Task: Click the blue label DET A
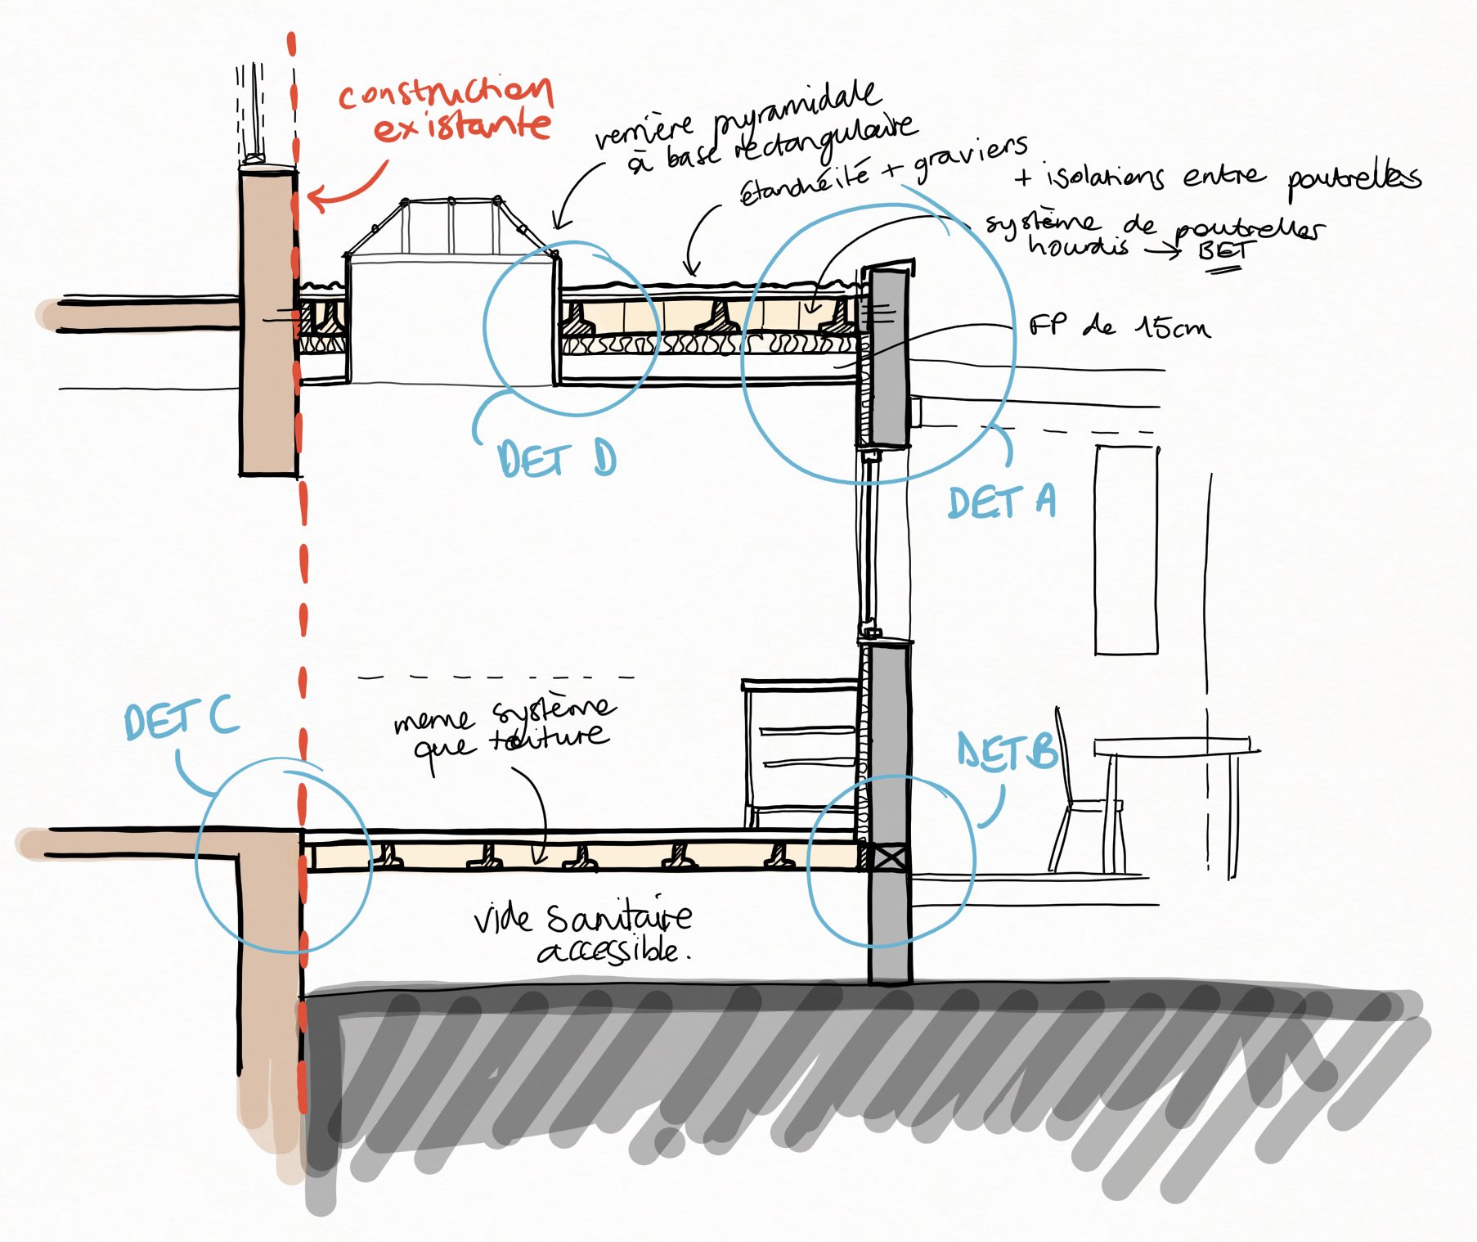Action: point(1002,502)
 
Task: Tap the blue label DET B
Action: point(1008,752)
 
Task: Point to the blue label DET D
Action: point(556,459)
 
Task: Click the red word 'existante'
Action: point(462,128)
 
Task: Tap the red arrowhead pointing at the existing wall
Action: point(315,198)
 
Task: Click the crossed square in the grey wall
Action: point(889,857)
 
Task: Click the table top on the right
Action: point(1174,745)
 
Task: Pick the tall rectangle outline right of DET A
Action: point(1126,550)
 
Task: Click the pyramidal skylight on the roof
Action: point(450,229)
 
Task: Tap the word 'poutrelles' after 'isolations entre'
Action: point(1354,178)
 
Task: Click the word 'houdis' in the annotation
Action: point(1078,245)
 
